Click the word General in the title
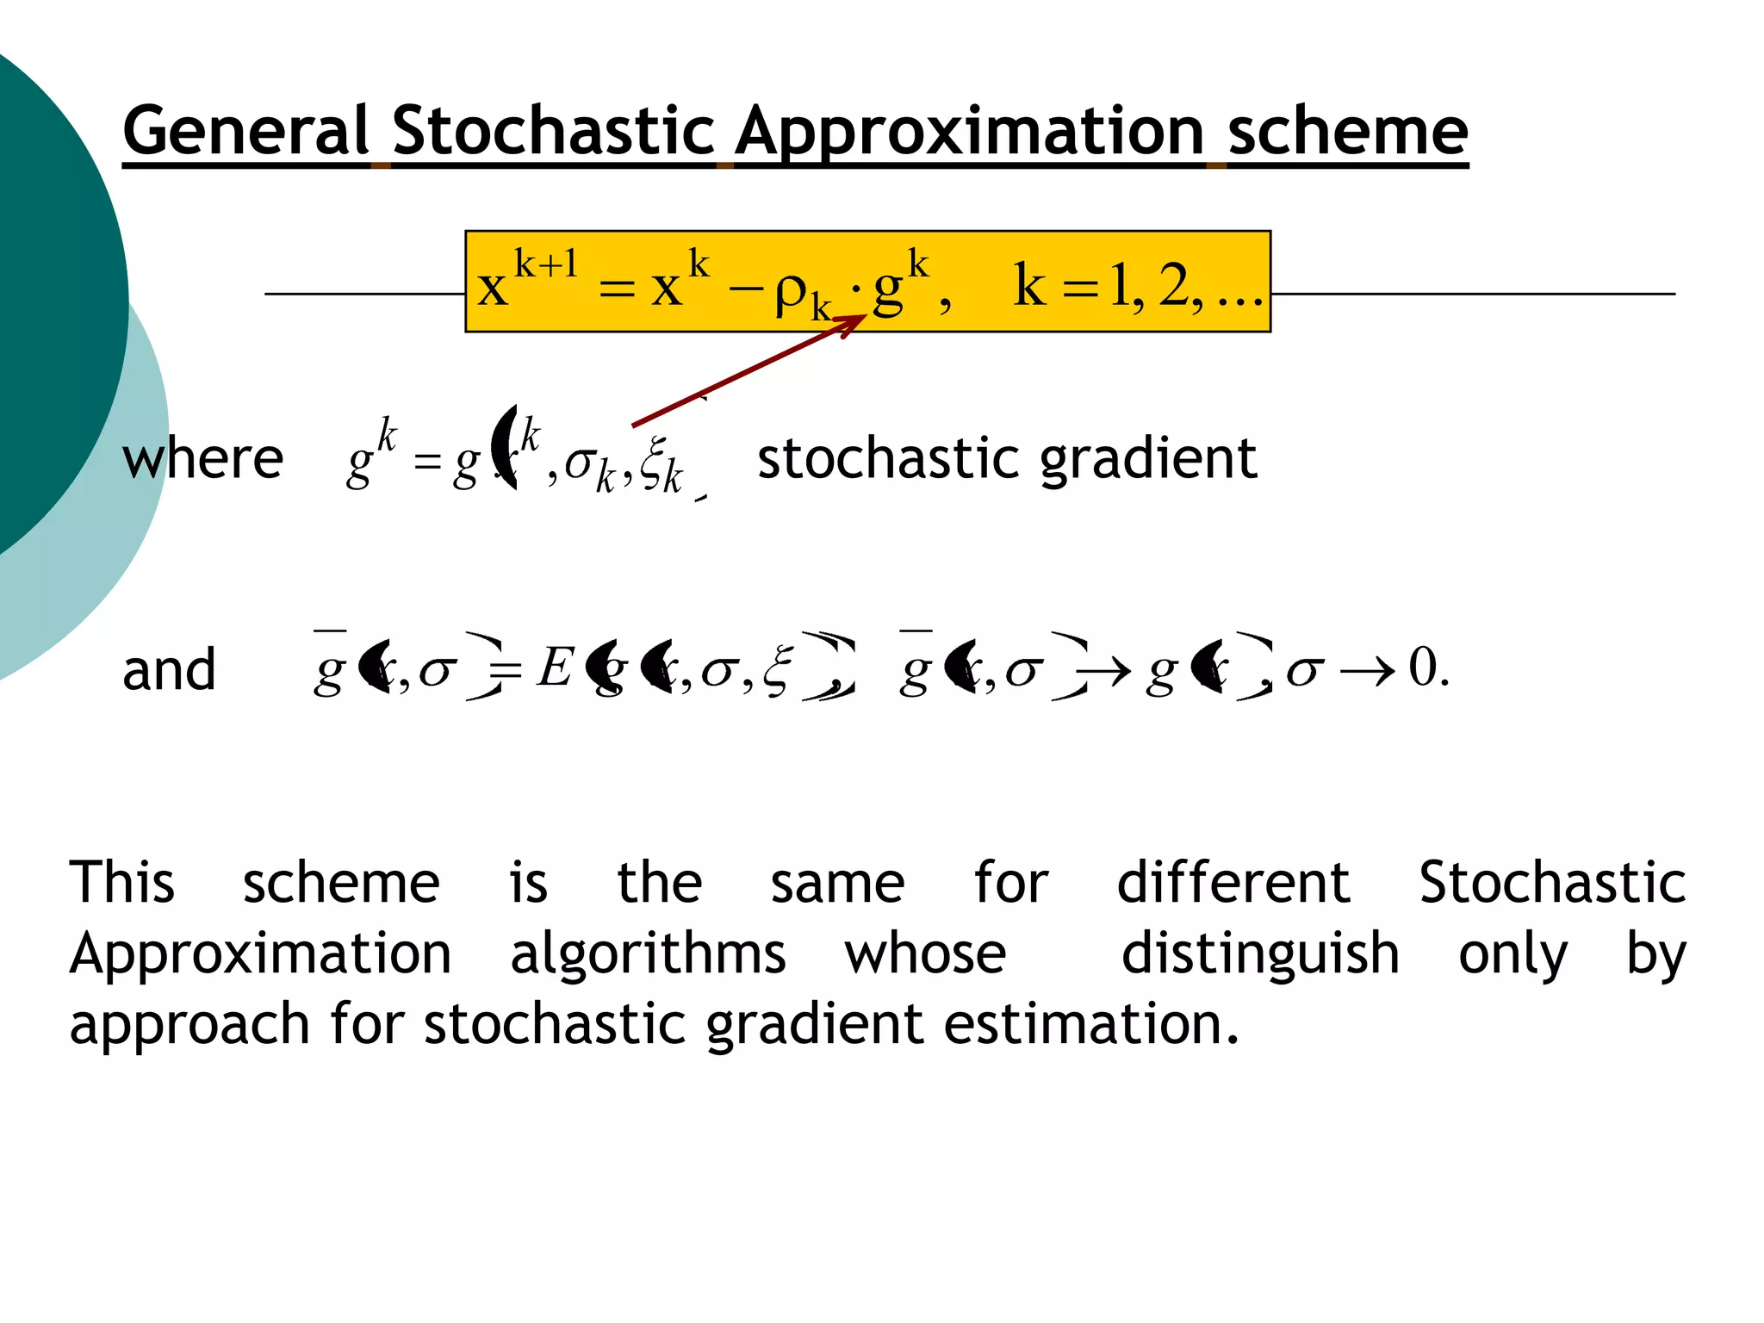click(x=246, y=131)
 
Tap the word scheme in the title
click(x=1347, y=131)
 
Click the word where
click(x=203, y=458)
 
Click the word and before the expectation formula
click(x=169, y=670)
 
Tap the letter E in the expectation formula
click(x=555, y=667)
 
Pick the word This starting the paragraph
click(x=122, y=883)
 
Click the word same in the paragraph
click(x=837, y=885)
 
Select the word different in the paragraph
click(x=1233, y=883)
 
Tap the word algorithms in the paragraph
click(x=648, y=955)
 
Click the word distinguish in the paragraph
click(x=1260, y=955)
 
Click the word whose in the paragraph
click(x=925, y=954)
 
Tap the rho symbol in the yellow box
click(x=791, y=293)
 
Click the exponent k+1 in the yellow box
click(x=546, y=264)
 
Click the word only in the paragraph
click(x=1512, y=955)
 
